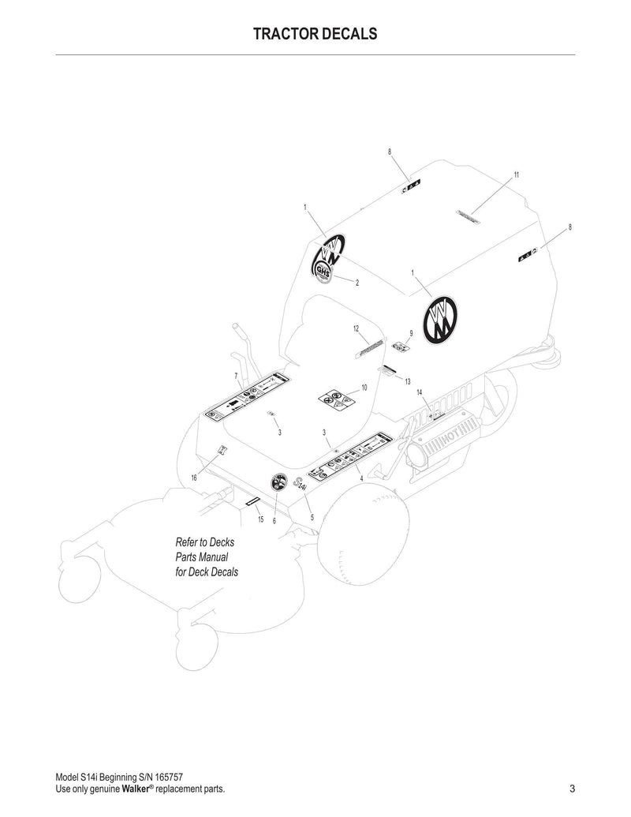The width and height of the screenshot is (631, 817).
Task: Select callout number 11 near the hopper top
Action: click(x=516, y=174)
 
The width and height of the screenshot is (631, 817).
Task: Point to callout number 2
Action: click(x=357, y=283)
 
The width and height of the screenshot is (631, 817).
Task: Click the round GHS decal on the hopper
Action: click(x=322, y=271)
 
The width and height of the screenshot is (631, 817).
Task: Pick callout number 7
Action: click(x=237, y=376)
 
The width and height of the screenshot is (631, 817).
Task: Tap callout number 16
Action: click(x=194, y=478)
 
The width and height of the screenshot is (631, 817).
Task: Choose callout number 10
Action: click(x=364, y=388)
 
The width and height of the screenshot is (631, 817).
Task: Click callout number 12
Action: click(x=356, y=328)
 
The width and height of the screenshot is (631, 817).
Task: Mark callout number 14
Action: click(x=420, y=392)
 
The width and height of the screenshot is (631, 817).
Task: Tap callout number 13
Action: click(x=408, y=381)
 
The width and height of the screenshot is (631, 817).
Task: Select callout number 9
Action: click(x=411, y=333)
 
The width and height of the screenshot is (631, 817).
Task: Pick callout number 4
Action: click(x=360, y=478)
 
